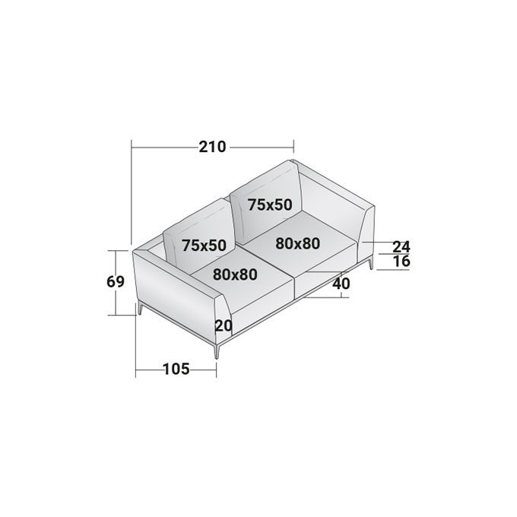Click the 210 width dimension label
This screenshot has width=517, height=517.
click(x=212, y=147)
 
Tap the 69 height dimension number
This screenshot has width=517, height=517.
click(x=116, y=282)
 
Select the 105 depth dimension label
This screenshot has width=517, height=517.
click(x=176, y=369)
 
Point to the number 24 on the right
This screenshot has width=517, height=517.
click(x=401, y=246)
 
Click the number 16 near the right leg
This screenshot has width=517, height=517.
click(x=401, y=261)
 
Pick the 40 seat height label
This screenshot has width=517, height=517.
click(x=341, y=284)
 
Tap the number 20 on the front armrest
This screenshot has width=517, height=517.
click(x=224, y=326)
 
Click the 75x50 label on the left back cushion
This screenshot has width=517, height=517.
click(x=204, y=246)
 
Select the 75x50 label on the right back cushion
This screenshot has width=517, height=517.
click(x=270, y=205)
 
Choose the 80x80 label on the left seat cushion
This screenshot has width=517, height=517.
click(x=235, y=274)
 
